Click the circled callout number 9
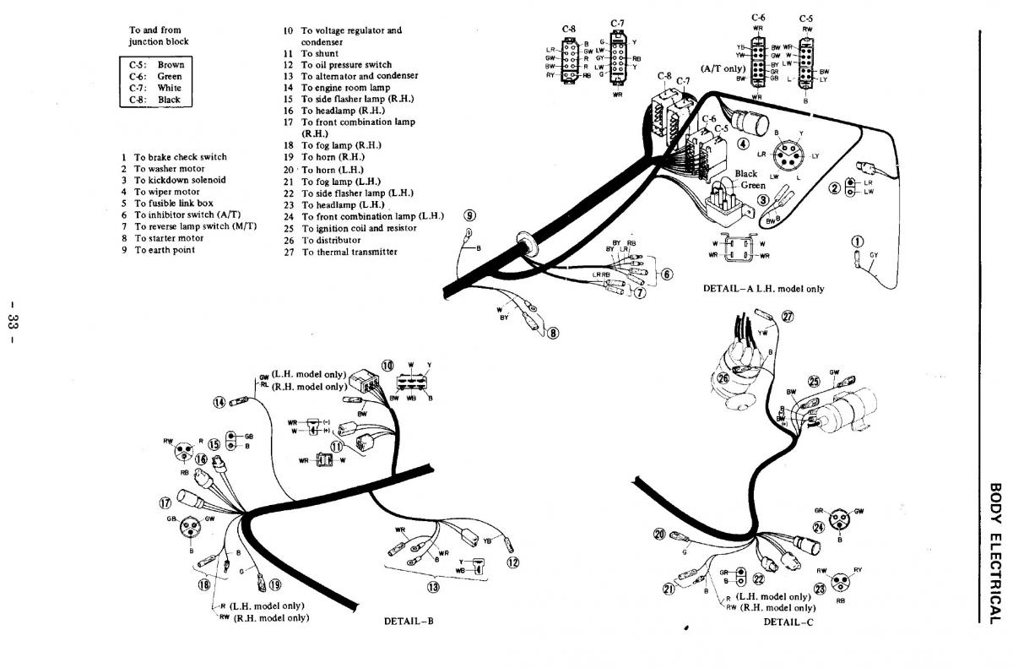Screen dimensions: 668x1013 tap(469, 215)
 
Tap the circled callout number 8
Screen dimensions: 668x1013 tap(554, 333)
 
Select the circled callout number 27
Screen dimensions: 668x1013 tap(788, 317)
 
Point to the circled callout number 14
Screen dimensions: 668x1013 tap(219, 402)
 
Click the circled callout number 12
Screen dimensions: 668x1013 tap(512, 562)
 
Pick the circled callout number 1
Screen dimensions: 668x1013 tap(859, 243)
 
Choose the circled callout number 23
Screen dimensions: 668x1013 tap(818, 589)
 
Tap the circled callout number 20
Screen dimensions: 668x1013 tap(659, 533)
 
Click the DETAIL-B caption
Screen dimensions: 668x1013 tap(409, 622)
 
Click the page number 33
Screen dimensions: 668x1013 tap(19, 322)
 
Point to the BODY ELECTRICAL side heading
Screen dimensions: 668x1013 tap(994, 553)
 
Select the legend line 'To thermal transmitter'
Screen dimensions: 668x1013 tap(349, 252)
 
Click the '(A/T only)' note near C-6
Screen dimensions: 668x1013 tap(723, 67)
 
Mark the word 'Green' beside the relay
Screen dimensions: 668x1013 tap(753, 185)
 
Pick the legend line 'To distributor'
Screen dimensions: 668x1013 tap(337, 240)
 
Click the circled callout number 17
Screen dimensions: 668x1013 tap(165, 503)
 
